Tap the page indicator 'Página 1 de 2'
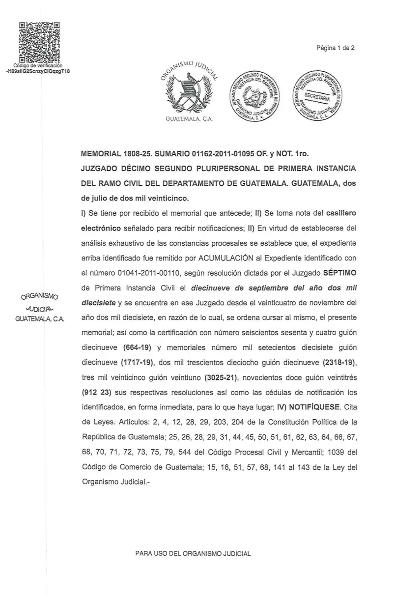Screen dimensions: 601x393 (336, 48)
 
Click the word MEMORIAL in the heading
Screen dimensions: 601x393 (101, 154)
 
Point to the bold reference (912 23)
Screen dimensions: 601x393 (97, 393)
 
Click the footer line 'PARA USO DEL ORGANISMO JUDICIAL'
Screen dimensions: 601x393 (193, 553)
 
